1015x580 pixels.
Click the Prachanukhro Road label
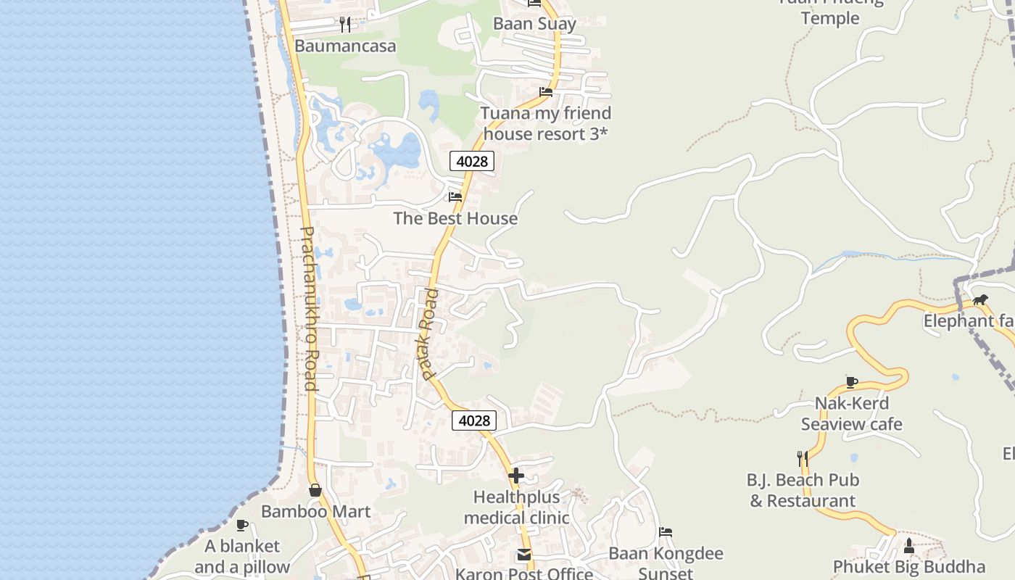click(307, 308)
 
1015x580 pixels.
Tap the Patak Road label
click(428, 334)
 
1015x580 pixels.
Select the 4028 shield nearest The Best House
click(472, 161)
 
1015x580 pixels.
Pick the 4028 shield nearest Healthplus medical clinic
click(474, 420)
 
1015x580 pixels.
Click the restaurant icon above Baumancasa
click(345, 25)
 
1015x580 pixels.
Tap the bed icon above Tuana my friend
click(546, 92)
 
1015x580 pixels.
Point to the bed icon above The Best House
click(455, 196)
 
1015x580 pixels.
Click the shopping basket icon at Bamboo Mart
click(315, 490)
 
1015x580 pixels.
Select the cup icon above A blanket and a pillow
click(242, 525)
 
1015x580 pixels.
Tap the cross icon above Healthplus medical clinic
click(516, 476)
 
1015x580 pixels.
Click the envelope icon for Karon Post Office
click(523, 555)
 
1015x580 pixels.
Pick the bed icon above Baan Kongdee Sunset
click(666, 532)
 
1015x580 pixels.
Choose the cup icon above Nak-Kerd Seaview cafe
click(852, 382)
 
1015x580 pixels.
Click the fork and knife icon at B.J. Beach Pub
click(803, 458)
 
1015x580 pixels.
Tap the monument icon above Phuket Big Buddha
click(909, 545)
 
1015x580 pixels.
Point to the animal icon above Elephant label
click(980, 300)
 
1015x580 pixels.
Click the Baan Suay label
click(534, 24)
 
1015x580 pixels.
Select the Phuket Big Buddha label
click(909, 566)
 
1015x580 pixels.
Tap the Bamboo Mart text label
click(315, 511)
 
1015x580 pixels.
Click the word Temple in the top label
click(830, 18)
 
